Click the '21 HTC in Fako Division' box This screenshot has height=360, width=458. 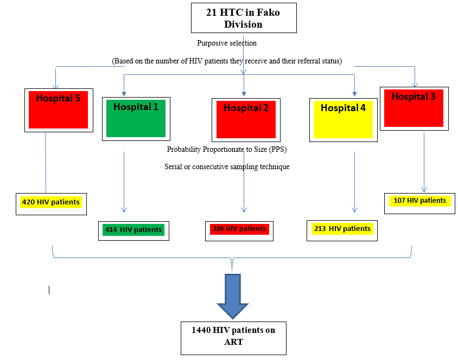pyautogui.click(x=243, y=18)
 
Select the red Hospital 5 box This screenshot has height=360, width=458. pyautogui.click(x=58, y=110)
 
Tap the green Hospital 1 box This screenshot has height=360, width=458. pyautogui.click(x=136, y=119)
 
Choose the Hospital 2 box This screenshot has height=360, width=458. pyautogui.click(x=246, y=120)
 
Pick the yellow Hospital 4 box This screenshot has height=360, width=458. pyautogui.click(x=343, y=120)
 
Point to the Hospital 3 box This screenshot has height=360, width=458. pyautogui.click(x=414, y=108)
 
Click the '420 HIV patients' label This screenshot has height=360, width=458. pyautogui.click(x=50, y=203)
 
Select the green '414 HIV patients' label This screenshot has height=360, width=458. pyautogui.click(x=133, y=230)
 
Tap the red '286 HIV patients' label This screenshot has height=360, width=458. pyautogui.click(x=239, y=229)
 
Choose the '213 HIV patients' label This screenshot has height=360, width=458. pyautogui.click(x=342, y=229)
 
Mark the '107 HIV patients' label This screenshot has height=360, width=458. pyautogui.click(x=419, y=201)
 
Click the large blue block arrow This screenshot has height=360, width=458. pyautogui.click(x=232, y=298)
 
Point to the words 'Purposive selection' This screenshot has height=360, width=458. pyautogui.click(x=227, y=43)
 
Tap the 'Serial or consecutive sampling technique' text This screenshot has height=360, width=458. pyautogui.click(x=227, y=167)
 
